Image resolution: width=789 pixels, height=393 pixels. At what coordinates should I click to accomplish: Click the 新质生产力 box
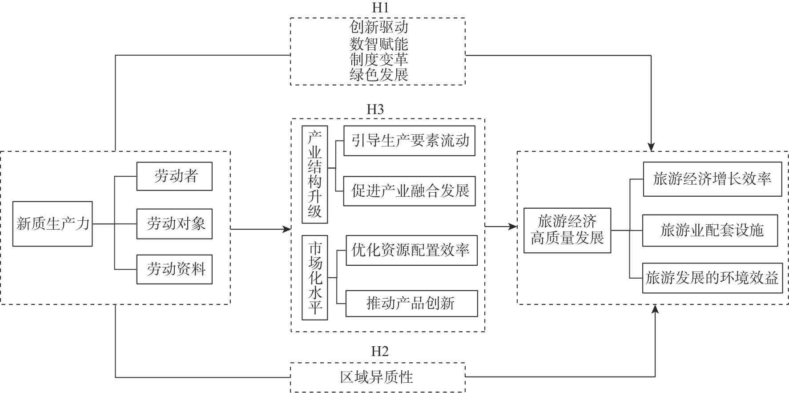tap(52, 223)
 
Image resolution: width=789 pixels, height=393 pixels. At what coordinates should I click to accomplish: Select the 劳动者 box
tap(174, 176)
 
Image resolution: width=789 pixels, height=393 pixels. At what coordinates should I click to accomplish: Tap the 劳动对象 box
tap(174, 223)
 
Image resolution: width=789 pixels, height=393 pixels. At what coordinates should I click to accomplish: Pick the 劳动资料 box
tap(174, 269)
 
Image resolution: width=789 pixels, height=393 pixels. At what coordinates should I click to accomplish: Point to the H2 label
tap(380, 352)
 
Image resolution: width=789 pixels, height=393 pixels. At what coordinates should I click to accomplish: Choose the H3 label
tap(375, 109)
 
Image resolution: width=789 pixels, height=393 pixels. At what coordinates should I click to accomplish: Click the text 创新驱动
tap(378, 28)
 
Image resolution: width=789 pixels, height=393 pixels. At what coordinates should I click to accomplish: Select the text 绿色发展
tap(378, 74)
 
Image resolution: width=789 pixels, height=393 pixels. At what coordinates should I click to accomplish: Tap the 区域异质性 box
tap(377, 377)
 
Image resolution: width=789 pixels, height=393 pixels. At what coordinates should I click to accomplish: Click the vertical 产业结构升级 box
tap(315, 174)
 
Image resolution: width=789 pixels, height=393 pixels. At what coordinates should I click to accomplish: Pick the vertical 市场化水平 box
tap(315, 278)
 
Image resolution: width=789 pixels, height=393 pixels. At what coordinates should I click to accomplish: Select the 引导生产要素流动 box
tap(409, 141)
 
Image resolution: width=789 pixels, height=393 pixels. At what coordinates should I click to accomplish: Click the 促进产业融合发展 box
tap(409, 191)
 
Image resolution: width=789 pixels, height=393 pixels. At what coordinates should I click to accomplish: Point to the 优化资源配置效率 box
tap(411, 251)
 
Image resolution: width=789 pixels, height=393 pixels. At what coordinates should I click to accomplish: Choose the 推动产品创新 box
tap(411, 304)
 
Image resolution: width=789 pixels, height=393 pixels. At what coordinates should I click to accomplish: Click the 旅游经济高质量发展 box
tap(567, 231)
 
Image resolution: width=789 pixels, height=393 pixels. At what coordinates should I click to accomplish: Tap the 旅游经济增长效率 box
tap(712, 179)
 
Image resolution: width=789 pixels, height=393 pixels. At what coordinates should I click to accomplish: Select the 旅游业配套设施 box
tap(710, 231)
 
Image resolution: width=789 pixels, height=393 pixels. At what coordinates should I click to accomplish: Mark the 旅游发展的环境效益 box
tap(712, 278)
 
